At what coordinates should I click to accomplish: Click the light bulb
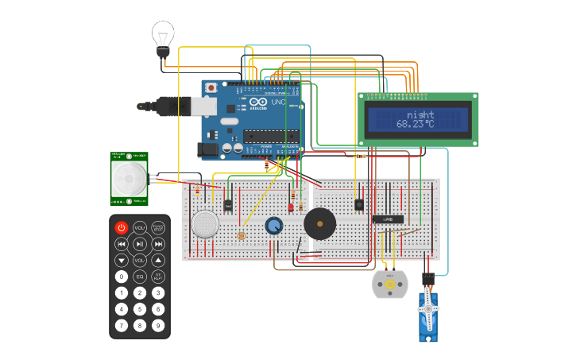tap(163, 37)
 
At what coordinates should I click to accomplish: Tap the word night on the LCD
tap(419, 114)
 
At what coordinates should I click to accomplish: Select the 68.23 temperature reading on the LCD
tap(416, 124)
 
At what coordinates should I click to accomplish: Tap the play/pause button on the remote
tap(140, 244)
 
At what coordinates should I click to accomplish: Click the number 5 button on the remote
tap(140, 309)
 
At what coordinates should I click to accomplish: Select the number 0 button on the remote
tap(122, 277)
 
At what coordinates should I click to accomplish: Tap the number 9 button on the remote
tap(158, 325)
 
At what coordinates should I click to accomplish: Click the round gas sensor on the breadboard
tap(206, 223)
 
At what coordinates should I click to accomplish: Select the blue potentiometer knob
tap(274, 226)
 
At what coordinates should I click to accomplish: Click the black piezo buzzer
tap(319, 224)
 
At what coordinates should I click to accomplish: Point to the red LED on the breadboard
tap(291, 207)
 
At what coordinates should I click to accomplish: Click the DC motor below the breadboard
tap(389, 284)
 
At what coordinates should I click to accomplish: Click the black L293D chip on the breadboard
tap(388, 219)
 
